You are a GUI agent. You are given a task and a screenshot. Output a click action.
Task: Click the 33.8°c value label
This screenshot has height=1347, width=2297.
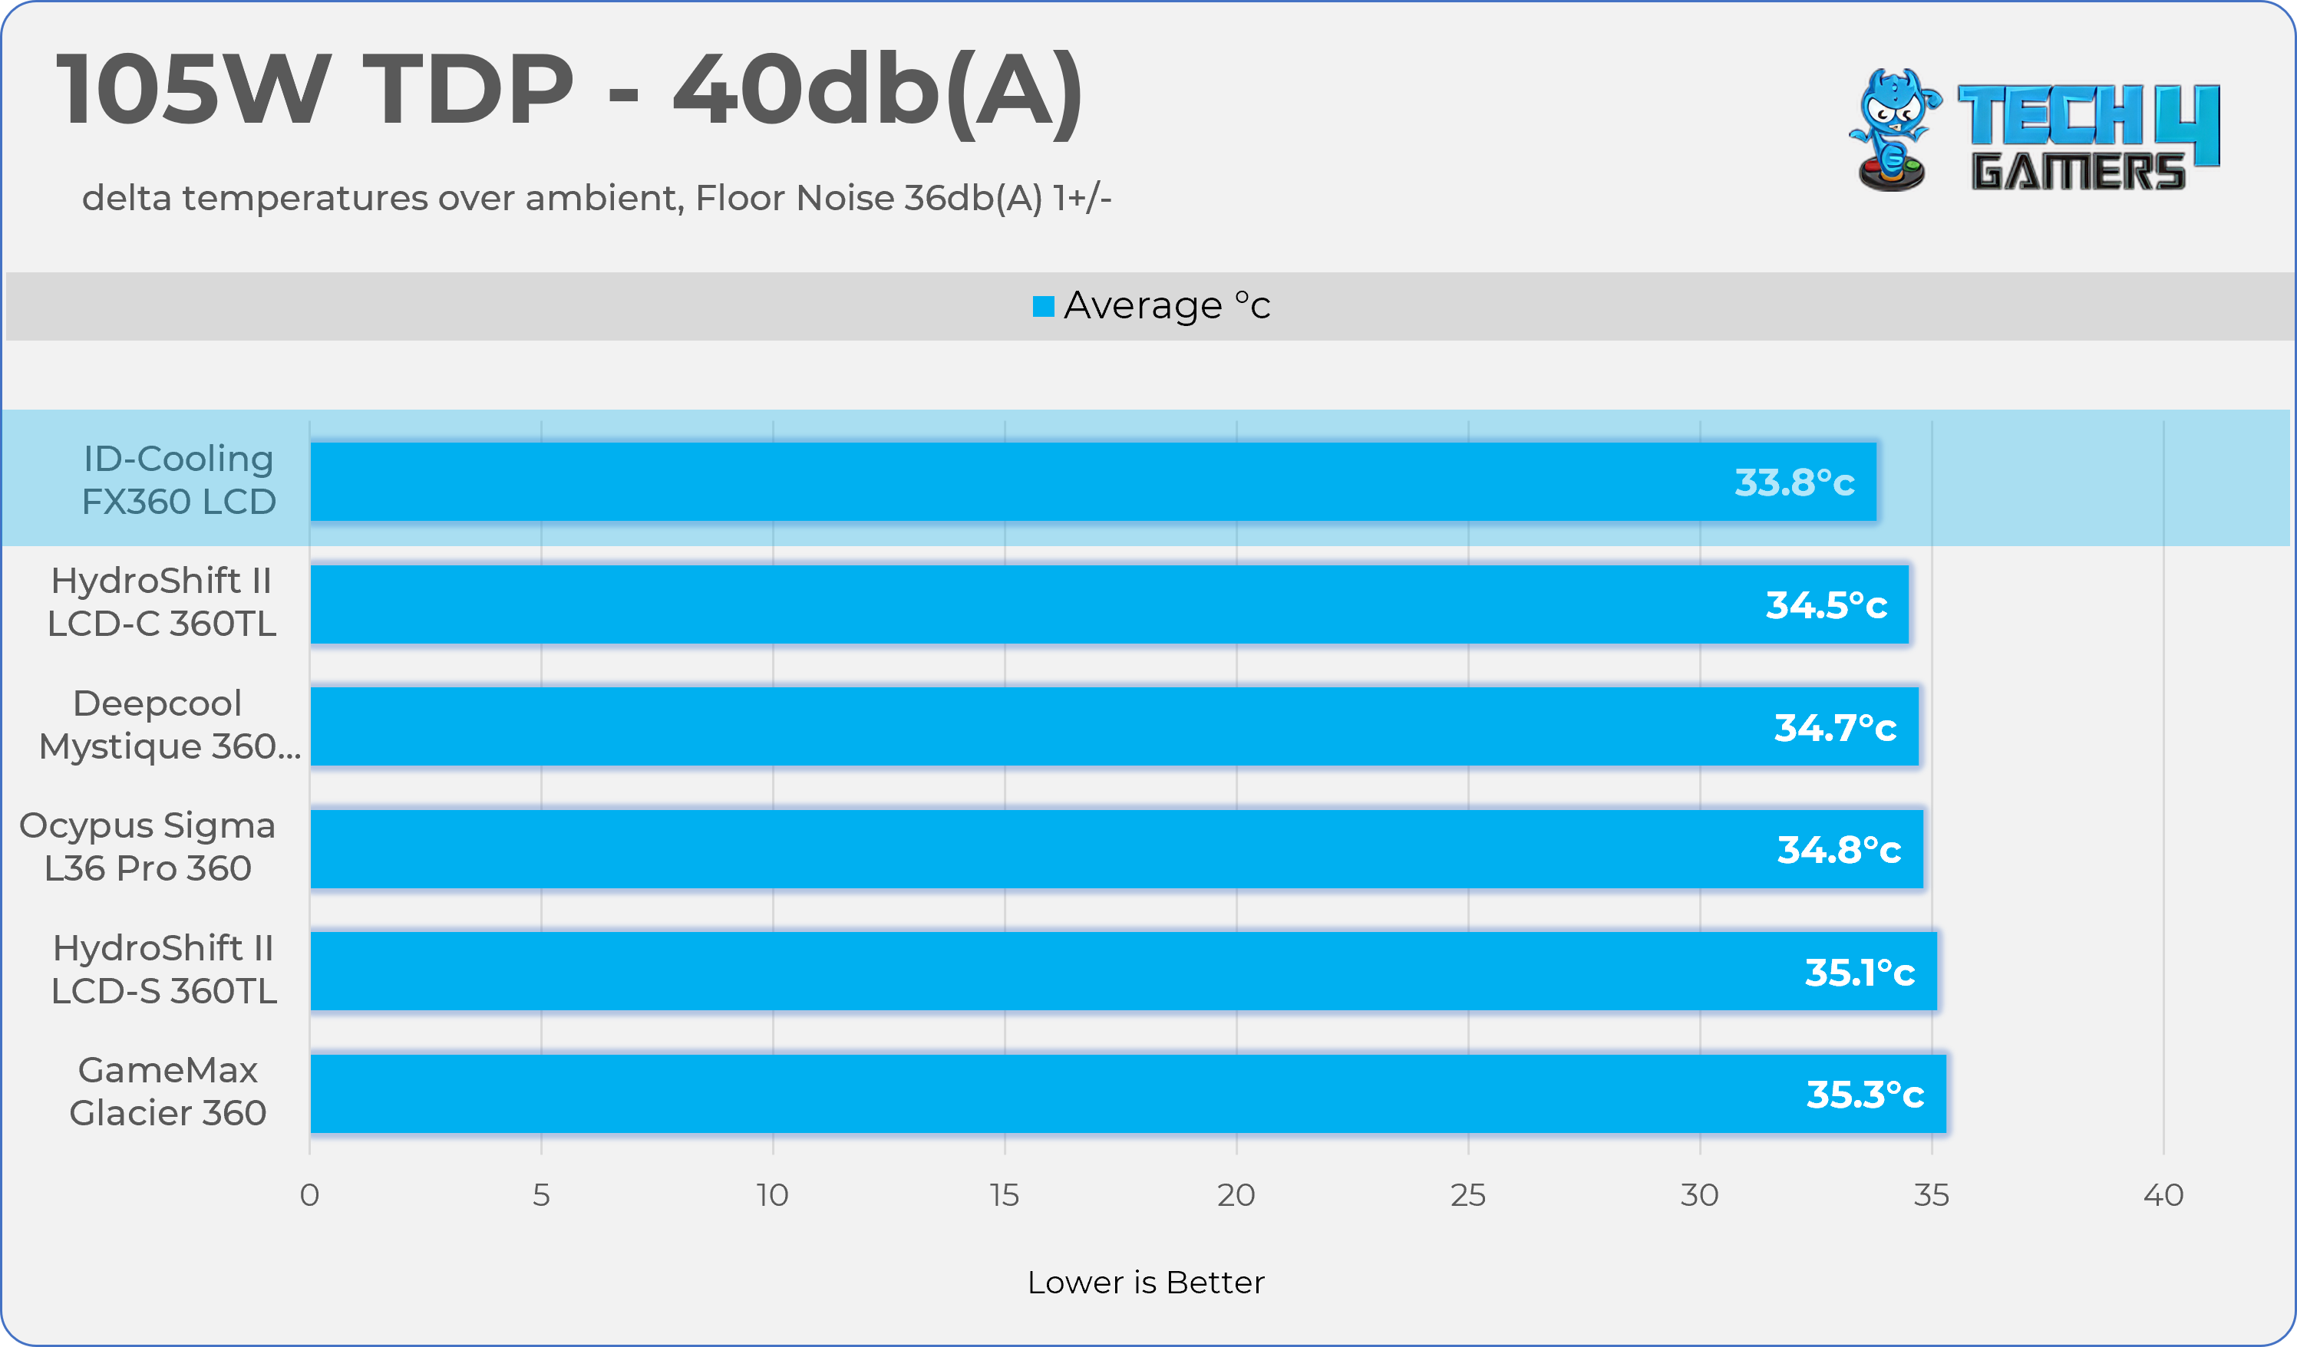coord(1794,482)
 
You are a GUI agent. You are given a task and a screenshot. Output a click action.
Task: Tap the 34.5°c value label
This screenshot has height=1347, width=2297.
coord(1826,605)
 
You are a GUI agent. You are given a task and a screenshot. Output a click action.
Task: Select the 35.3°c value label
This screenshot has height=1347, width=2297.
coord(1865,1095)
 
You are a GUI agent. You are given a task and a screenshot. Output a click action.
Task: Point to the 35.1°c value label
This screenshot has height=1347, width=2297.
coord(1860,973)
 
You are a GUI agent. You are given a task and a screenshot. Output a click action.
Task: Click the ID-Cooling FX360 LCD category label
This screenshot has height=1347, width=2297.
coord(179,480)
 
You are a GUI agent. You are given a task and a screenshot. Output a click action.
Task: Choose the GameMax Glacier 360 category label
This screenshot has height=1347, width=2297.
coord(168,1091)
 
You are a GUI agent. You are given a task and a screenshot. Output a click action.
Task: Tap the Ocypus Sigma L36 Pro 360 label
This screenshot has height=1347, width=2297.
coord(147,847)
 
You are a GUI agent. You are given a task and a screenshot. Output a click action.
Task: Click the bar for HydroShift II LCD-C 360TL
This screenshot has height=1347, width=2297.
coord(1094,604)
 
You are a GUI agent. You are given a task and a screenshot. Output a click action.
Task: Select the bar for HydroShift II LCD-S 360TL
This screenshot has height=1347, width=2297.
coord(1094,972)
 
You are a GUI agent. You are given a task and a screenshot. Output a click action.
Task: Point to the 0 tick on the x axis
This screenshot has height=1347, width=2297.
coord(310,1195)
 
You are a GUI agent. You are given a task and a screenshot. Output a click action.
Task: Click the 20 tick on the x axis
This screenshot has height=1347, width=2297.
coord(1236,1195)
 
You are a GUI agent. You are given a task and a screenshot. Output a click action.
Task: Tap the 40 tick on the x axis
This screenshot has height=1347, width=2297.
coord(2163,1195)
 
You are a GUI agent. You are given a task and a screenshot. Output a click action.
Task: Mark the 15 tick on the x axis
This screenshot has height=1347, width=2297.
coord(1005,1195)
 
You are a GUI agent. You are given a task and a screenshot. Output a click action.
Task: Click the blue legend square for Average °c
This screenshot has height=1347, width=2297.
coord(1043,306)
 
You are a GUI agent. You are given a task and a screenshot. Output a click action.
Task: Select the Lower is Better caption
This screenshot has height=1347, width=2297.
coord(1146,1283)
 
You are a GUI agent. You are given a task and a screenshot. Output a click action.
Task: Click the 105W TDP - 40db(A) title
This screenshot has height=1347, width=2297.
coord(569,89)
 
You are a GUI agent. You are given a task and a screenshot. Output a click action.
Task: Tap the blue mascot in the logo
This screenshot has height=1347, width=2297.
coord(1893,127)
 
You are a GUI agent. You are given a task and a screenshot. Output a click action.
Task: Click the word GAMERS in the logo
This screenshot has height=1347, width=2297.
coord(2078,171)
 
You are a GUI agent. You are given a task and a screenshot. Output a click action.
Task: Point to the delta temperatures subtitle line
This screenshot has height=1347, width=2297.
coord(596,198)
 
